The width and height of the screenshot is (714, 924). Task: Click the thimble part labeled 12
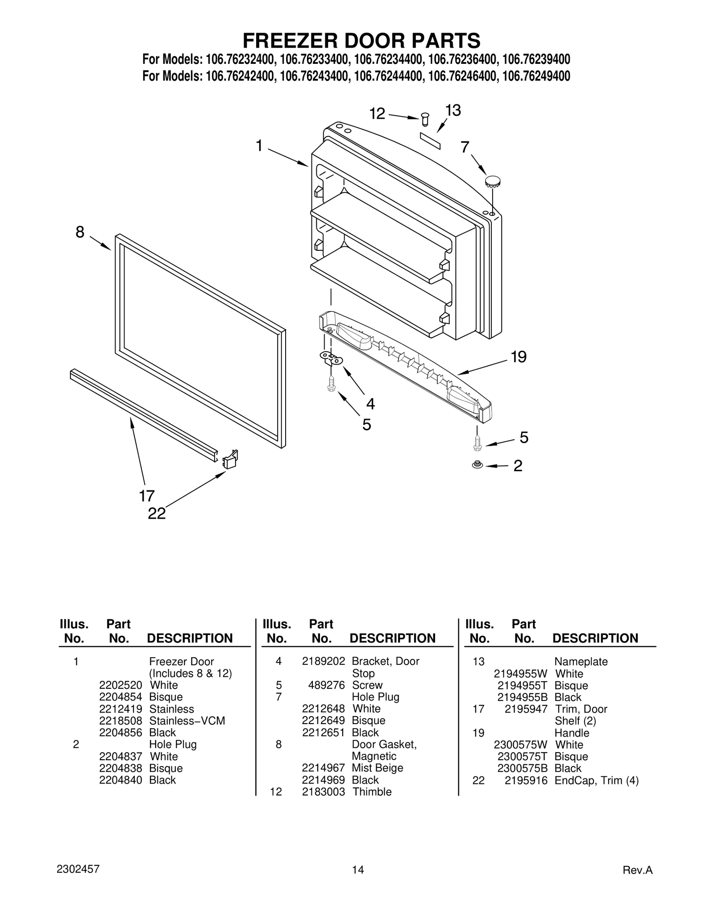(425, 120)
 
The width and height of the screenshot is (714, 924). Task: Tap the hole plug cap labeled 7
(493, 181)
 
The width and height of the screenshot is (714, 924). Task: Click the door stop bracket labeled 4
(331, 358)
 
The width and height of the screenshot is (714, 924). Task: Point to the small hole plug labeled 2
(477, 465)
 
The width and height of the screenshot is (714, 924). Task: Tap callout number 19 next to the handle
(519, 357)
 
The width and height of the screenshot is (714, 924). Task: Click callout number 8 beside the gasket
(80, 232)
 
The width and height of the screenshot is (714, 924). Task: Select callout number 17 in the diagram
(146, 496)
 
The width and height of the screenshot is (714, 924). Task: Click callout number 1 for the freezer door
(259, 145)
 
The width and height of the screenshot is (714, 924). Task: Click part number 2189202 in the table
(323, 661)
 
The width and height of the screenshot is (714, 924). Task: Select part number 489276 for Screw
(326, 685)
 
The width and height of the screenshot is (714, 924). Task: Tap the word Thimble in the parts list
(372, 791)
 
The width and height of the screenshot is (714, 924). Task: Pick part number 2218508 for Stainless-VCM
(120, 721)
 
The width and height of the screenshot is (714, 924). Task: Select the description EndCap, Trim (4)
(596, 780)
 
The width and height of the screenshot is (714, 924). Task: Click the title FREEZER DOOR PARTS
(361, 41)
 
